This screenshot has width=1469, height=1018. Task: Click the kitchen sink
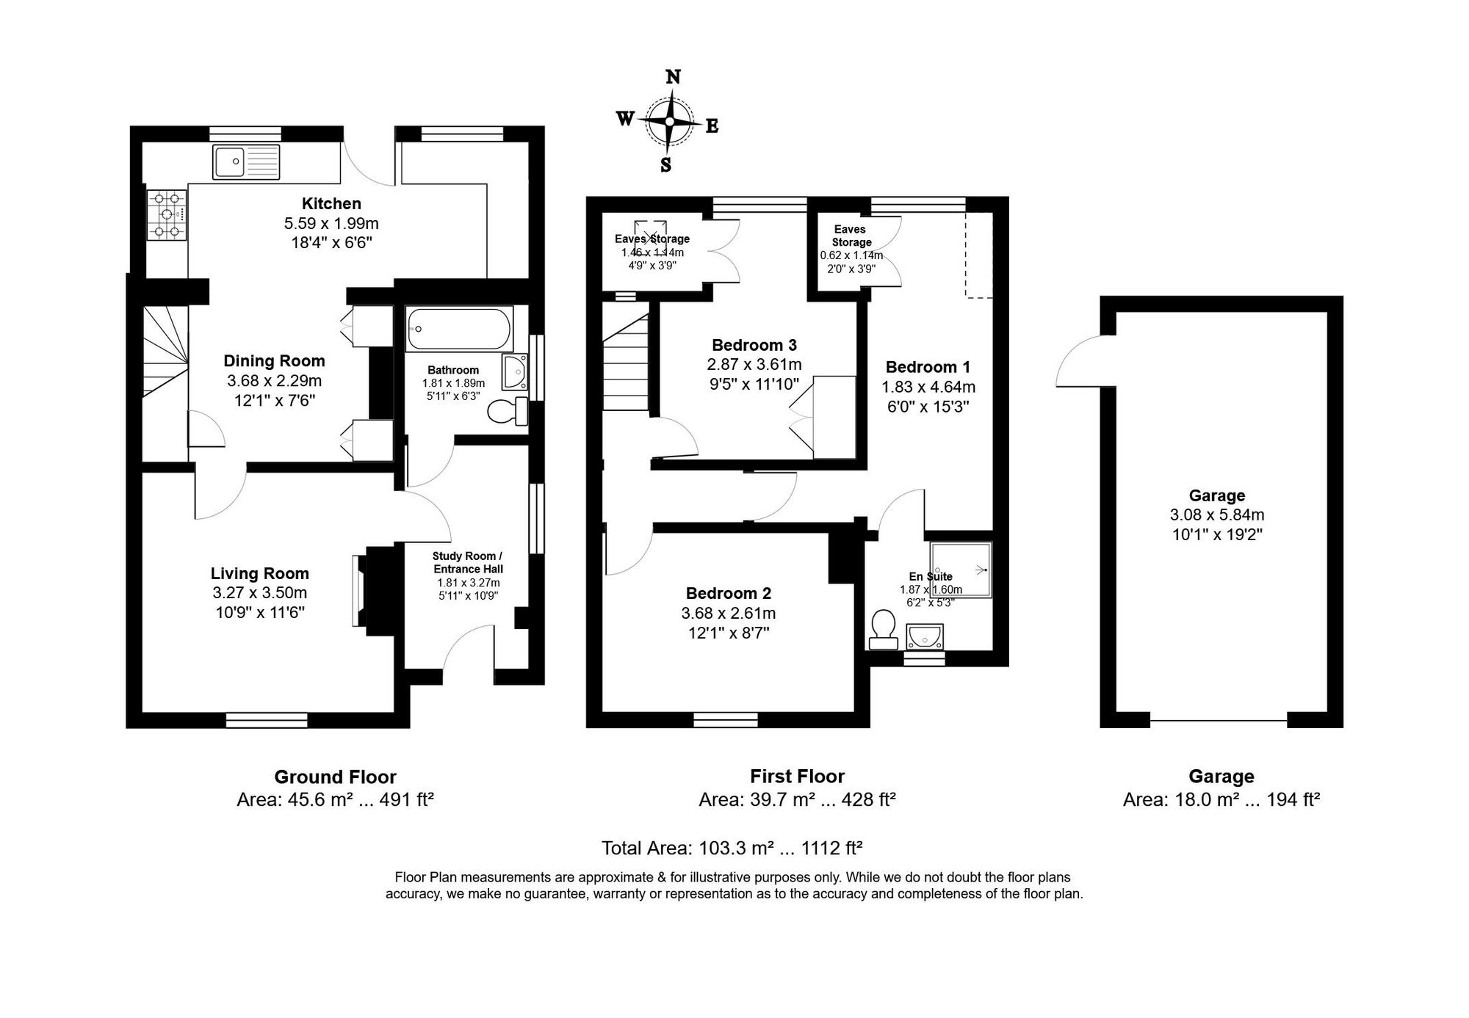[246, 162]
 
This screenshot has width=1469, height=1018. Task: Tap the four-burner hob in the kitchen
[167, 214]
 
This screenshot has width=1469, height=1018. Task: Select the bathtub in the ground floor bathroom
[459, 329]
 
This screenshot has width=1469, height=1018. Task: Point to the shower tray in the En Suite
[961, 570]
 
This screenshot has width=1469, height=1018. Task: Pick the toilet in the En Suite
[883, 630]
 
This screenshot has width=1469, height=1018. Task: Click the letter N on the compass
[672, 77]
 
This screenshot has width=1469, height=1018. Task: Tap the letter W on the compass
[624, 119]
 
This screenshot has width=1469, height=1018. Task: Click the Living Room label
[259, 573]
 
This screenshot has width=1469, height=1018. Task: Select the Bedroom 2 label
[728, 593]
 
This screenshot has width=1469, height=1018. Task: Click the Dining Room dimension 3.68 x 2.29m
[274, 381]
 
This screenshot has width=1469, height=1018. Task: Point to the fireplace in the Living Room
[361, 590]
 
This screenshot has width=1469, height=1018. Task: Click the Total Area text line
[732, 848]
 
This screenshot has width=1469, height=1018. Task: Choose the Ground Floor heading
[335, 777]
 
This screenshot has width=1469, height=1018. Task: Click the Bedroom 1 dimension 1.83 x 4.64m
[928, 387]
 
